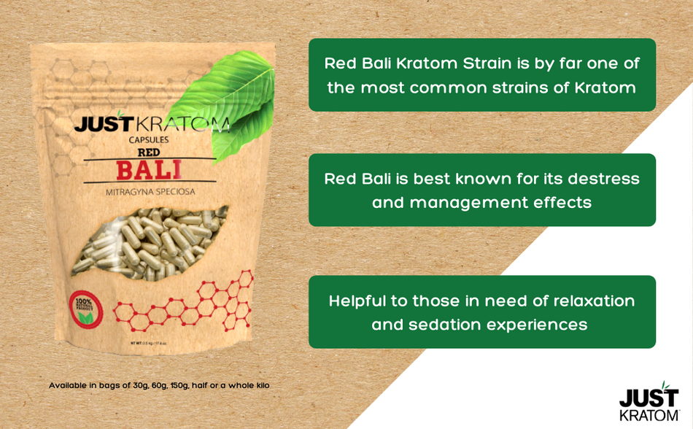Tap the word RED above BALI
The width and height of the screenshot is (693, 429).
149,153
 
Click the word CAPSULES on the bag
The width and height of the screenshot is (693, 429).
149,139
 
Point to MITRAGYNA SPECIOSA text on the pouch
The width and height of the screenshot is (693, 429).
150,193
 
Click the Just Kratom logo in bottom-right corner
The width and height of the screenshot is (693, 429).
649,401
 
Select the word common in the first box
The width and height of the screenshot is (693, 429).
451,88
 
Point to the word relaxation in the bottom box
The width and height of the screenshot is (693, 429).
594,301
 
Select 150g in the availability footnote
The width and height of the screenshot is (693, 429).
175,385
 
